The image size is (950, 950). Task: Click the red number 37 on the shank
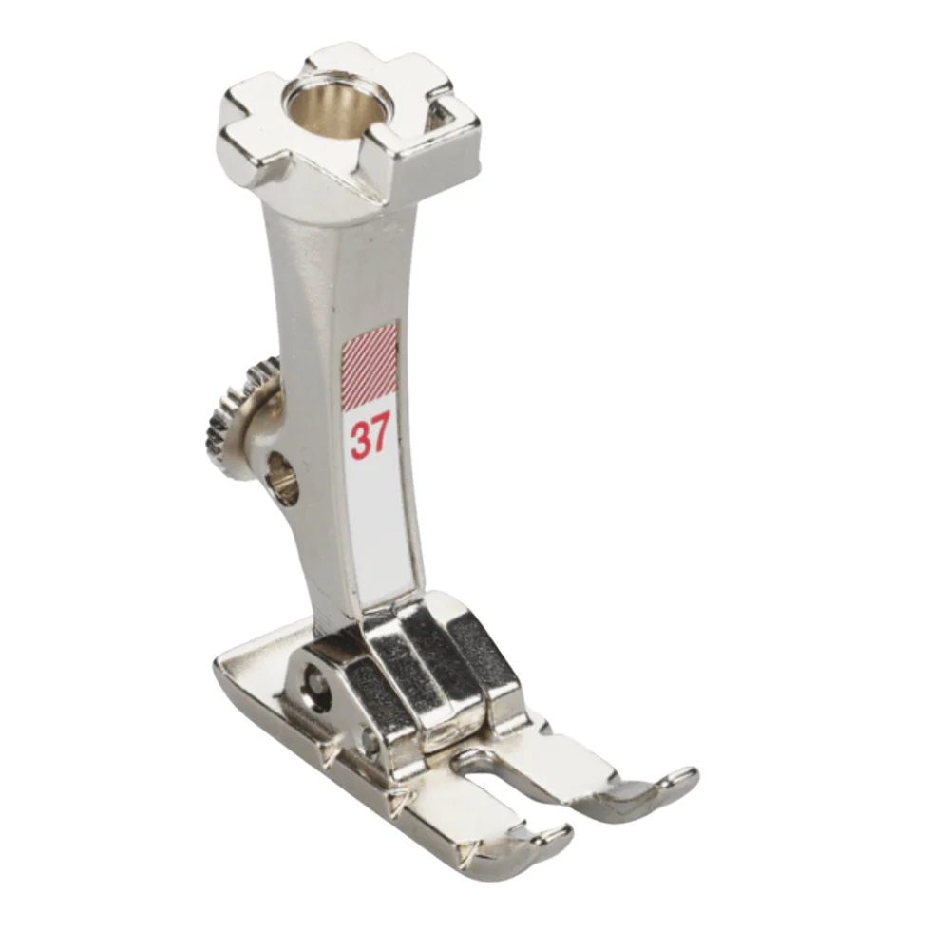point(370,438)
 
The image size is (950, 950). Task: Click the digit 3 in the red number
point(359,438)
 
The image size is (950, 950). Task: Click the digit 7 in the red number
point(380,438)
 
